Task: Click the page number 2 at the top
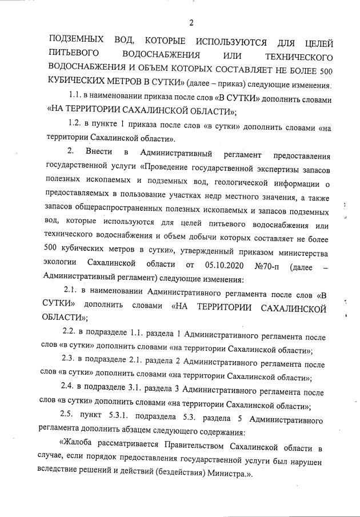(191, 23)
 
